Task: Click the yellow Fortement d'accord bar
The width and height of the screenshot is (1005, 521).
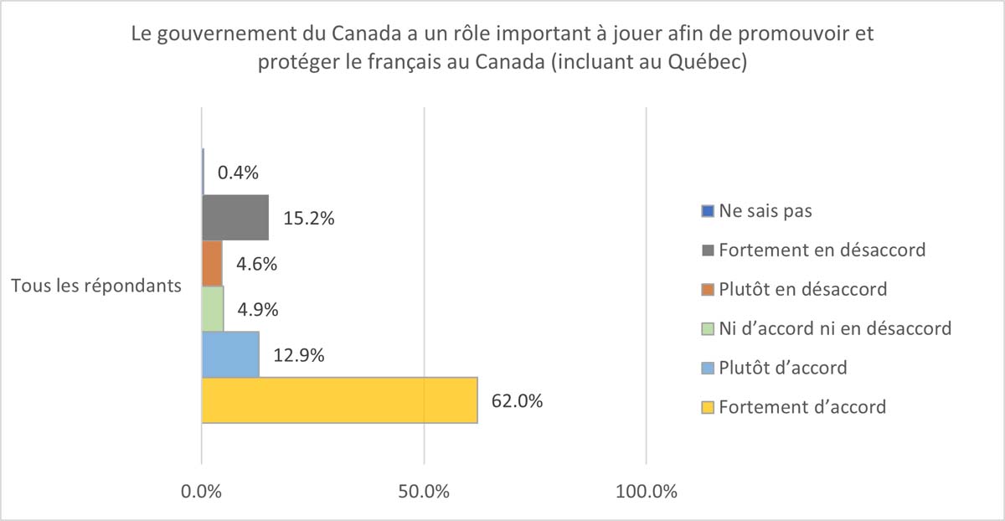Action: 339,400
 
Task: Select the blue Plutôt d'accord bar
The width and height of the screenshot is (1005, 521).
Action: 230,354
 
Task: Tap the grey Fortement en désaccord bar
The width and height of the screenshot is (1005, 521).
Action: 235,218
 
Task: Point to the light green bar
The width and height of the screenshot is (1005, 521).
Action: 213,309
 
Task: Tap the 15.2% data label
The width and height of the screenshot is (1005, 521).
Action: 310,219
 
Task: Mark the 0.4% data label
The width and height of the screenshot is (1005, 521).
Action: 238,173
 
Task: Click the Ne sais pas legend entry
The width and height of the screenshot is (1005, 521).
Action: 765,210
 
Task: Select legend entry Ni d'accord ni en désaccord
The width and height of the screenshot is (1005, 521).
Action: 834,328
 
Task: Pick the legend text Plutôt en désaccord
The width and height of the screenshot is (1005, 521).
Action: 803,289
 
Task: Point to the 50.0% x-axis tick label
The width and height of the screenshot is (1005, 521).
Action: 424,492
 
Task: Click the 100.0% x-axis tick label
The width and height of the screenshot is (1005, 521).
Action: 646,492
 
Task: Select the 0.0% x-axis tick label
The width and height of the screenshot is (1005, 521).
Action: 202,492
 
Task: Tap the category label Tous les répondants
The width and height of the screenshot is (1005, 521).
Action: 96,286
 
